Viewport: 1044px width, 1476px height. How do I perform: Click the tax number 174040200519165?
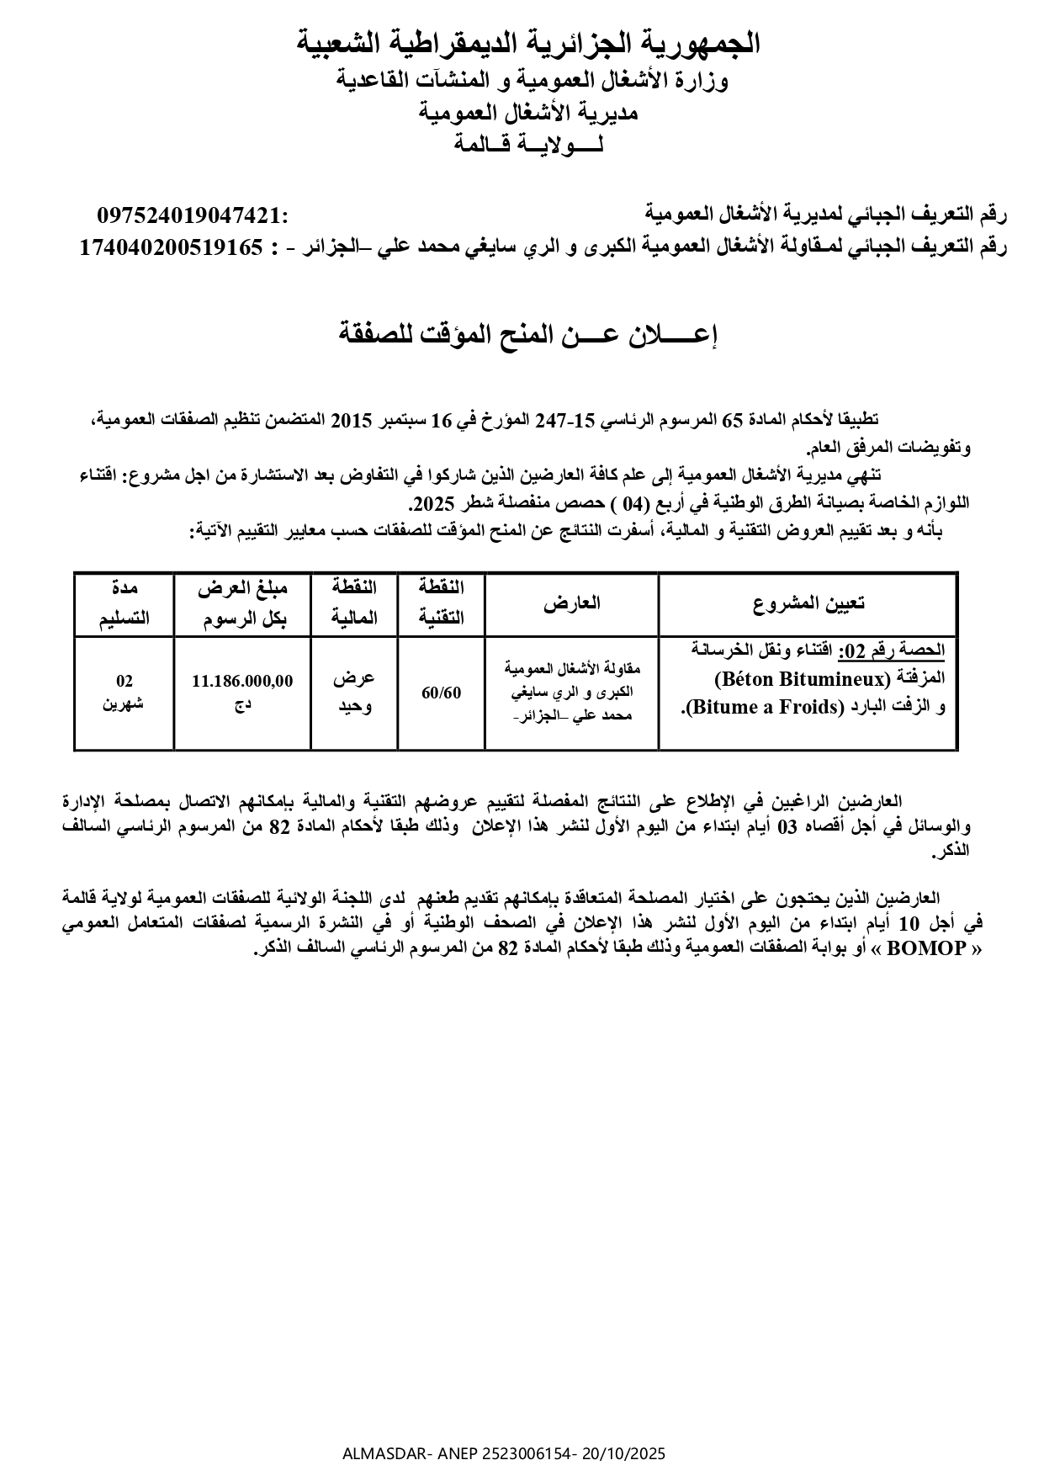[x=171, y=247]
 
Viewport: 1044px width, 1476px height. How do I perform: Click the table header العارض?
[x=572, y=603]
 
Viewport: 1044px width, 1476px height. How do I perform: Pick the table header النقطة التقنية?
[x=442, y=603]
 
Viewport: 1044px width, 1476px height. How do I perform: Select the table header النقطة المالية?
[x=353, y=603]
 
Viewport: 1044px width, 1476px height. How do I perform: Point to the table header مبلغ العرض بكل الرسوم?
[x=242, y=603]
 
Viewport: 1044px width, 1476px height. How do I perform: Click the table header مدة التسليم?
[x=125, y=603]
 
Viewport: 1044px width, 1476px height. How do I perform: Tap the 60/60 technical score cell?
[x=442, y=693]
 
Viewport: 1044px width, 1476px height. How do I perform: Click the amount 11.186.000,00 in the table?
[x=242, y=681]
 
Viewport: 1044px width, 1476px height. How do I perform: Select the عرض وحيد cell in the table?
[x=353, y=692]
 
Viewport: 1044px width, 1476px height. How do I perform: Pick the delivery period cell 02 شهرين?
[x=125, y=692]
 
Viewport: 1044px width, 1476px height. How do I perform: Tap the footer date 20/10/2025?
[x=623, y=1453]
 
